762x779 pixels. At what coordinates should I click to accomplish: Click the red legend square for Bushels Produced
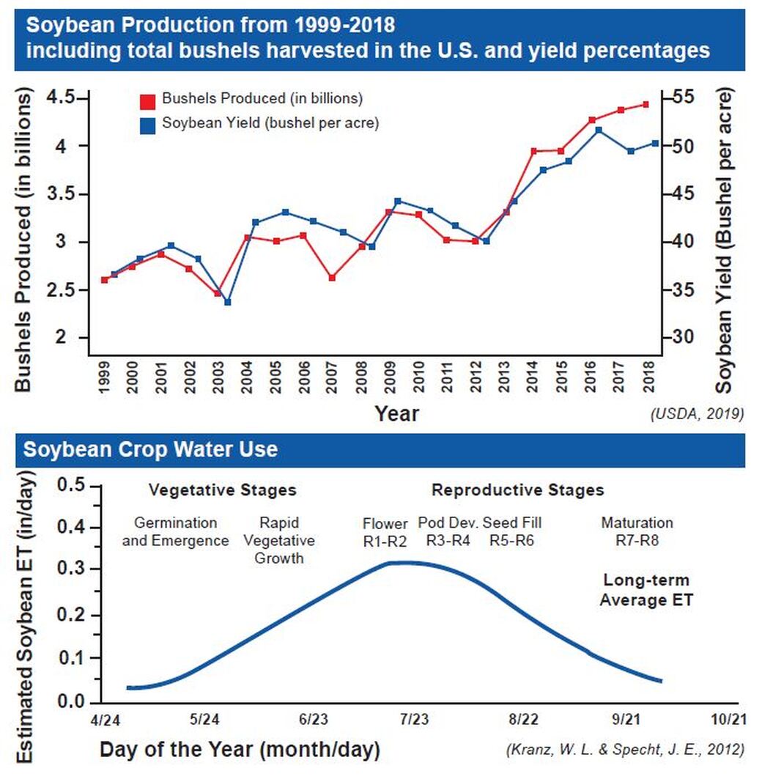147,101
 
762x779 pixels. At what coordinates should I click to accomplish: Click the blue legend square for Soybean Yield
147,126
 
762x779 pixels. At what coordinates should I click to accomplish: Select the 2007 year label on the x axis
333,377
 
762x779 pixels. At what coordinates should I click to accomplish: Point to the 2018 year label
648,377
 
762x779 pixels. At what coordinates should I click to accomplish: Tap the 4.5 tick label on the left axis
61,97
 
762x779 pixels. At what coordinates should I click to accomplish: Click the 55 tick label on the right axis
684,97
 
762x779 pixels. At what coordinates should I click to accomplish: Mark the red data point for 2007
333,278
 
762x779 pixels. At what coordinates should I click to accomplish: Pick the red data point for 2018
646,105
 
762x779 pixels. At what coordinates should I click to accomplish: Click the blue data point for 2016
599,130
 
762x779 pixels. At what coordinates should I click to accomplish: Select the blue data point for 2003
228,302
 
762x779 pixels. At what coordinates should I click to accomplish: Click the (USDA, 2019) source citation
697,414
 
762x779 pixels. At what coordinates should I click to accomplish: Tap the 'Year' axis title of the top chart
397,413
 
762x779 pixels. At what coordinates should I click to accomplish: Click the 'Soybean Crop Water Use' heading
150,450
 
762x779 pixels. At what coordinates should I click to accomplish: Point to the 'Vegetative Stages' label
223,490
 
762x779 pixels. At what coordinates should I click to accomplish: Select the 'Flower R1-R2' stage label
385,532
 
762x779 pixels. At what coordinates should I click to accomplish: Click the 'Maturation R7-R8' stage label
637,531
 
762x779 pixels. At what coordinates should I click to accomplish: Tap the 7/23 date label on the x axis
414,720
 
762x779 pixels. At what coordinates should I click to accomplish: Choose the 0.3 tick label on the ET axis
72,569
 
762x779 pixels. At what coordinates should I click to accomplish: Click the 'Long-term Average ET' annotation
646,590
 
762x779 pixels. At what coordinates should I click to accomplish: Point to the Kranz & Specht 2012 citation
626,749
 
